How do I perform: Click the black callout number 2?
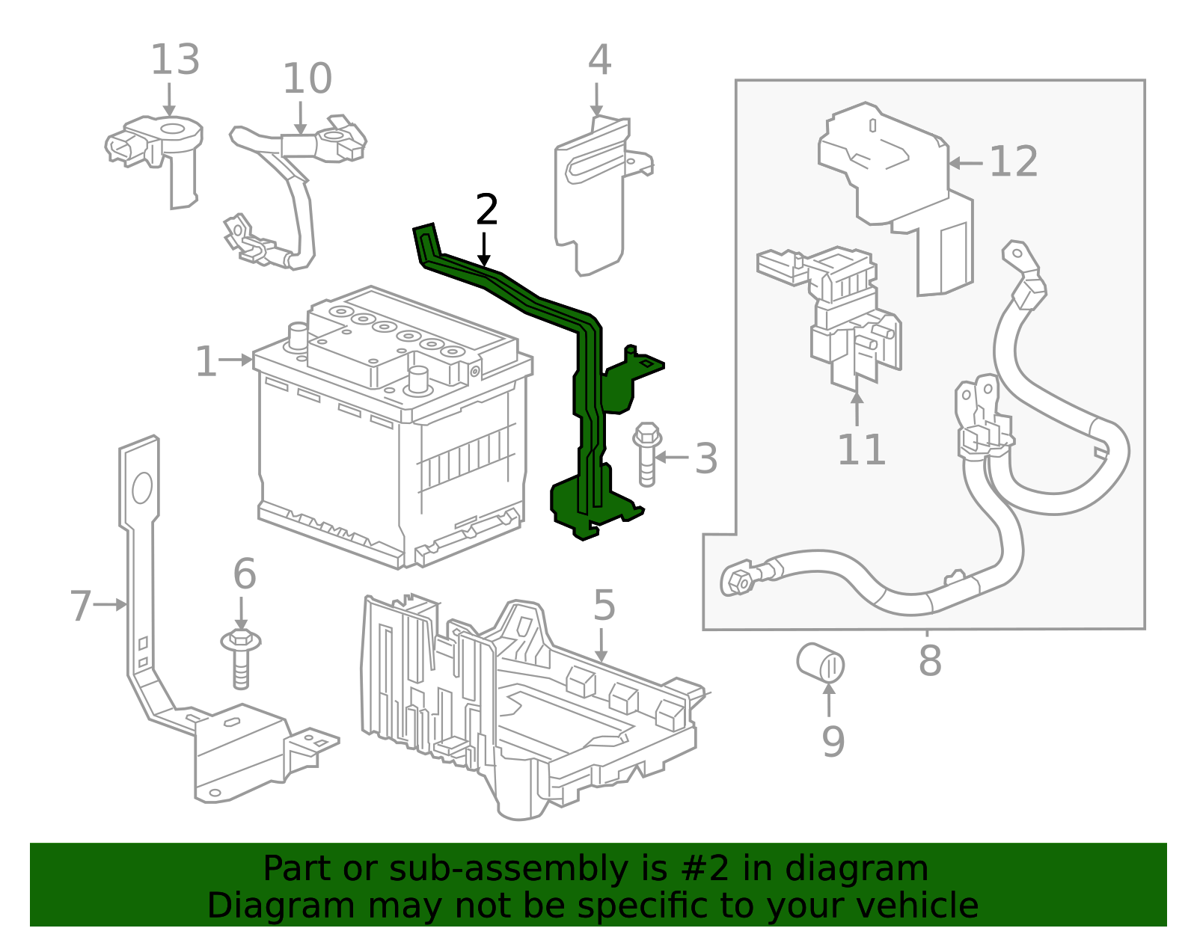(486, 210)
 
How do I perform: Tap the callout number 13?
(175, 60)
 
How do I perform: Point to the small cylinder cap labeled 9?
(820, 663)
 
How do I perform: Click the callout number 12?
(1014, 162)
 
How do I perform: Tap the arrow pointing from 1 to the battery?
(238, 360)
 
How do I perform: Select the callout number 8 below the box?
(930, 661)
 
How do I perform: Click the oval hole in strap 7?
(141, 488)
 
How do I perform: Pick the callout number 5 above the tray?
(603, 606)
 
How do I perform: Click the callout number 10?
(307, 79)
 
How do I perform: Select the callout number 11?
(861, 450)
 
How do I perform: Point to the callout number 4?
(599, 60)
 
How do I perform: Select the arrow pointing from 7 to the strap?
(111, 604)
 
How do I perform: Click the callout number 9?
(833, 741)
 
